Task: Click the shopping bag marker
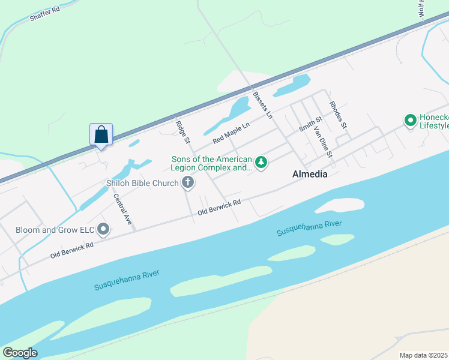click(x=101, y=134)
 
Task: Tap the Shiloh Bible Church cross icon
click(x=188, y=182)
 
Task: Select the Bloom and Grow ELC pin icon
click(x=104, y=229)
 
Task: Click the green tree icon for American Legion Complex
click(x=261, y=162)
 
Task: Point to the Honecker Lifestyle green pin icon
click(x=411, y=121)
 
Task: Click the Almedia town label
click(x=309, y=175)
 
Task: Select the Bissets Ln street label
click(x=262, y=104)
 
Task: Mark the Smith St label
click(x=311, y=125)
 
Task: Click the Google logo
click(x=20, y=352)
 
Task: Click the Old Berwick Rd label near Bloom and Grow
click(x=71, y=250)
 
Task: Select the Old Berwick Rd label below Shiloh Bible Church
click(x=220, y=207)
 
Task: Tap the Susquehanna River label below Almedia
click(x=309, y=227)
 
